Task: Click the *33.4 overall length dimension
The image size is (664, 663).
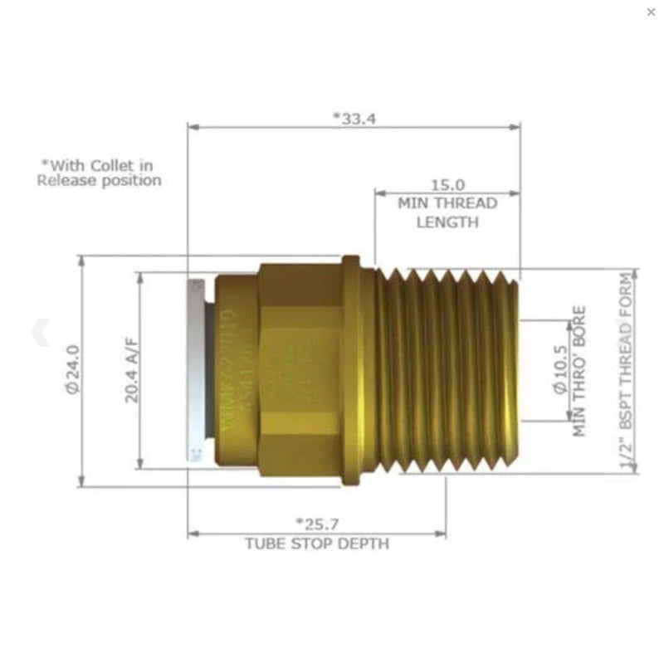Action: [354, 118]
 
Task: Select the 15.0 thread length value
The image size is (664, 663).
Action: [447, 185]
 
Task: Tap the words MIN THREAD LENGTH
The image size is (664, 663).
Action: [447, 212]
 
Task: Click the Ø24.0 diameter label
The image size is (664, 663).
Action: [72, 369]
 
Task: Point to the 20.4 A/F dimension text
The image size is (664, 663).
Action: [131, 371]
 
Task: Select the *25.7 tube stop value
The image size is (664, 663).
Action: [317, 524]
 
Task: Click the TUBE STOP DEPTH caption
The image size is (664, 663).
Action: [317, 544]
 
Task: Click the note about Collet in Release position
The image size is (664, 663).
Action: [99, 173]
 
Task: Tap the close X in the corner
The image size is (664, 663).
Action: [651, 12]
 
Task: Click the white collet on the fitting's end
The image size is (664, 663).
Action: [195, 369]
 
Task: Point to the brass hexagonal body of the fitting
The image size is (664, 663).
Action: [299, 369]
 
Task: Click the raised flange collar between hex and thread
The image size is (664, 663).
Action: [351, 369]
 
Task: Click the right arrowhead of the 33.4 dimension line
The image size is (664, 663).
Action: [515, 127]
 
